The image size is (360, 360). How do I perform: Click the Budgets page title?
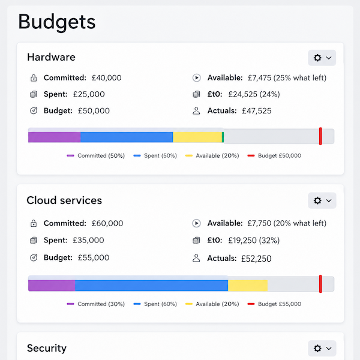[x=57, y=22]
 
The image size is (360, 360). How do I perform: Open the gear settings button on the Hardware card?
[x=322, y=58]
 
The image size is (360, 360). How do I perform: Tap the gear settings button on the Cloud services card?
[x=322, y=200]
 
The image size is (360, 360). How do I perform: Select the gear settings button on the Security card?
[x=322, y=348]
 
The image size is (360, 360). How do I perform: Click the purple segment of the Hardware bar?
[x=55, y=137]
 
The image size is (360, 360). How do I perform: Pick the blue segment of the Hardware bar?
[x=127, y=137]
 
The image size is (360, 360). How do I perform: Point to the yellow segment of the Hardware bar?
[x=197, y=137]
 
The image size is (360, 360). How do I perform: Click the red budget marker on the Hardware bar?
[x=320, y=136]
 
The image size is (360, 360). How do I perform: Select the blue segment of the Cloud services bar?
[x=152, y=286]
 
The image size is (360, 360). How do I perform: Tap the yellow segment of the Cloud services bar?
[x=248, y=286]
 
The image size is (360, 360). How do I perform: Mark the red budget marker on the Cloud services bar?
[x=320, y=284]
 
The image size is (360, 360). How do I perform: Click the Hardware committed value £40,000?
[x=107, y=78]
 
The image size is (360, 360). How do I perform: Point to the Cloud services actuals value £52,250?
[x=256, y=259]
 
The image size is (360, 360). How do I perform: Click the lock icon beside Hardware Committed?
[x=34, y=78]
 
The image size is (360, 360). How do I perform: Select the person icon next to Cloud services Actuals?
[x=196, y=258]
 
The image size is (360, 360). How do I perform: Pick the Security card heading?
[x=47, y=348]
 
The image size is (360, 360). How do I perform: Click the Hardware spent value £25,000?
[x=89, y=94]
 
